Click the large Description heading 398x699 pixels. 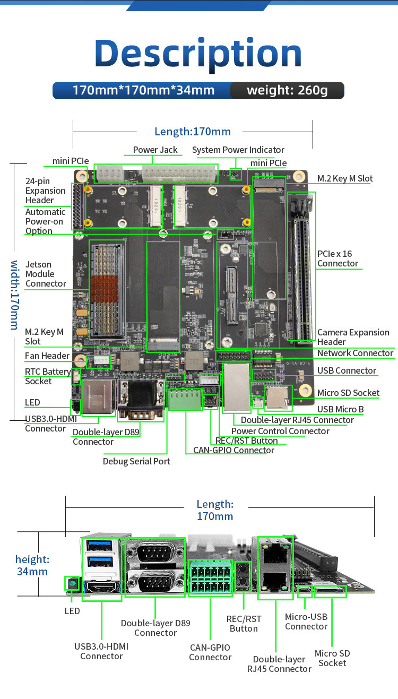pyautogui.click(x=198, y=54)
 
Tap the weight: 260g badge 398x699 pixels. pyautogui.click(x=287, y=90)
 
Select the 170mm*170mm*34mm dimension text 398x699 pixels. pyautogui.click(x=143, y=90)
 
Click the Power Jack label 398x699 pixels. pyautogui.click(x=155, y=150)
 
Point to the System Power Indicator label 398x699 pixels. pyautogui.click(x=238, y=150)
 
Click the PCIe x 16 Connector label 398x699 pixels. pyautogui.click(x=338, y=258)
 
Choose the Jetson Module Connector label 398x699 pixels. pyautogui.click(x=46, y=274)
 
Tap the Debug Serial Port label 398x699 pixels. pyautogui.click(x=136, y=461)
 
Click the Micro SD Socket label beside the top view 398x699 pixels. pyautogui.click(x=348, y=393)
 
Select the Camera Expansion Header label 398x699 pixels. pyautogui.click(x=353, y=337)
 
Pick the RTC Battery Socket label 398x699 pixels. pyautogui.click(x=47, y=376)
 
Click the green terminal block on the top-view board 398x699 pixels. pyautogui.click(x=186, y=400)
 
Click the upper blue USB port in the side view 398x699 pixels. pyautogui.click(x=101, y=545)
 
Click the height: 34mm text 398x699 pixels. pyautogui.click(x=32, y=565)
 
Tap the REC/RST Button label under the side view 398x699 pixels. pyautogui.click(x=244, y=624)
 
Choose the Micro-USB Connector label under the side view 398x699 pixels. pyautogui.click(x=306, y=622)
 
